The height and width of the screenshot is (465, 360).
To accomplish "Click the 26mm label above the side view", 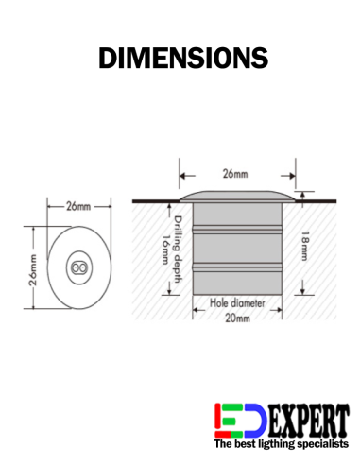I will [234, 175].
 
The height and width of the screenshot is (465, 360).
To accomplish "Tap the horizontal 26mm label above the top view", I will [78, 205].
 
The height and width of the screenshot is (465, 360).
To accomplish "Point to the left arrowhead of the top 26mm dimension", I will [182, 175].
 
